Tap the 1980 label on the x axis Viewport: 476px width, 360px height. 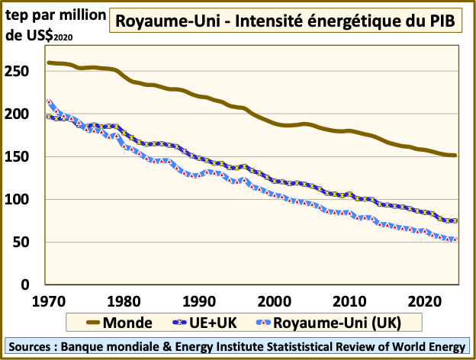[x=124, y=299]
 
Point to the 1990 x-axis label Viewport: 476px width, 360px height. [x=199, y=299]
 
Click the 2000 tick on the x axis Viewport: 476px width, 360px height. [x=274, y=299]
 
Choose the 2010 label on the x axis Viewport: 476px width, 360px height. [x=349, y=299]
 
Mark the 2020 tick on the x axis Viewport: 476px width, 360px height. [x=424, y=299]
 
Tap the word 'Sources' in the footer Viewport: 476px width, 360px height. [x=35, y=347]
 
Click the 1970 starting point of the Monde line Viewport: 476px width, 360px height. [x=50, y=63]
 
